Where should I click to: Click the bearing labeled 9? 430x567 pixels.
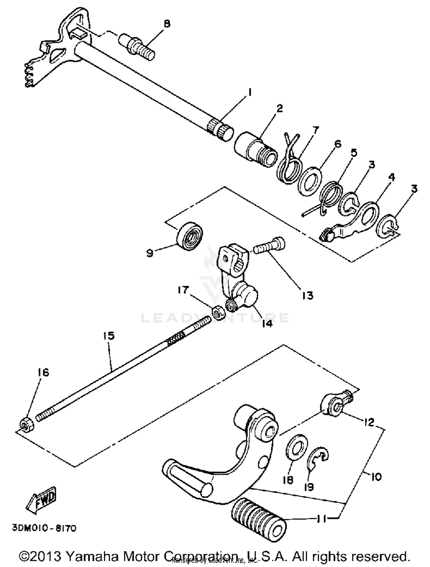coord(189,236)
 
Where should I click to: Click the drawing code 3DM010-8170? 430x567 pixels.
coord(44,528)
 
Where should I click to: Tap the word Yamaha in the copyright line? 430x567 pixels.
coord(92,556)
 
